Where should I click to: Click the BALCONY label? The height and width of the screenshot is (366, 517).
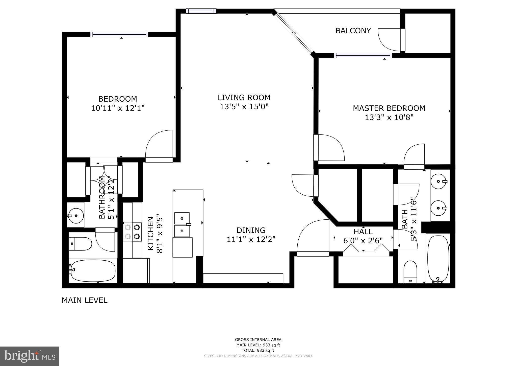(x=353, y=31)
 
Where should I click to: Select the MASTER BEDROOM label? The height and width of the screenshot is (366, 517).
(x=389, y=108)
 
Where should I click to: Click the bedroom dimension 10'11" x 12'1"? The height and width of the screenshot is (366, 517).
(x=118, y=108)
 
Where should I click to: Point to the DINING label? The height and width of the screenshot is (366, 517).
(x=251, y=230)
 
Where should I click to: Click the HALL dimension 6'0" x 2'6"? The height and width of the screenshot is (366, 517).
(x=363, y=240)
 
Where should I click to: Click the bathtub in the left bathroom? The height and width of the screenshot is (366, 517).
(x=93, y=271)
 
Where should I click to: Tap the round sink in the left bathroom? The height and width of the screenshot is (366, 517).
(x=76, y=216)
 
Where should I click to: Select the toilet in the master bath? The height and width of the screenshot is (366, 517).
(x=410, y=272)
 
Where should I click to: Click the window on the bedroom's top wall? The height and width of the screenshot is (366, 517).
(x=119, y=35)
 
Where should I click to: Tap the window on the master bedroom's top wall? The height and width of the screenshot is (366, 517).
(x=363, y=55)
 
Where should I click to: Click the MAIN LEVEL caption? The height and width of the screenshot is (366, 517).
(x=85, y=300)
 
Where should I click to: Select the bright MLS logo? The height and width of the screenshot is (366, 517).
(x=30, y=356)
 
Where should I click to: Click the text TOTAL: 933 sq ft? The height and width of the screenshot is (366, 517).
(x=258, y=350)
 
